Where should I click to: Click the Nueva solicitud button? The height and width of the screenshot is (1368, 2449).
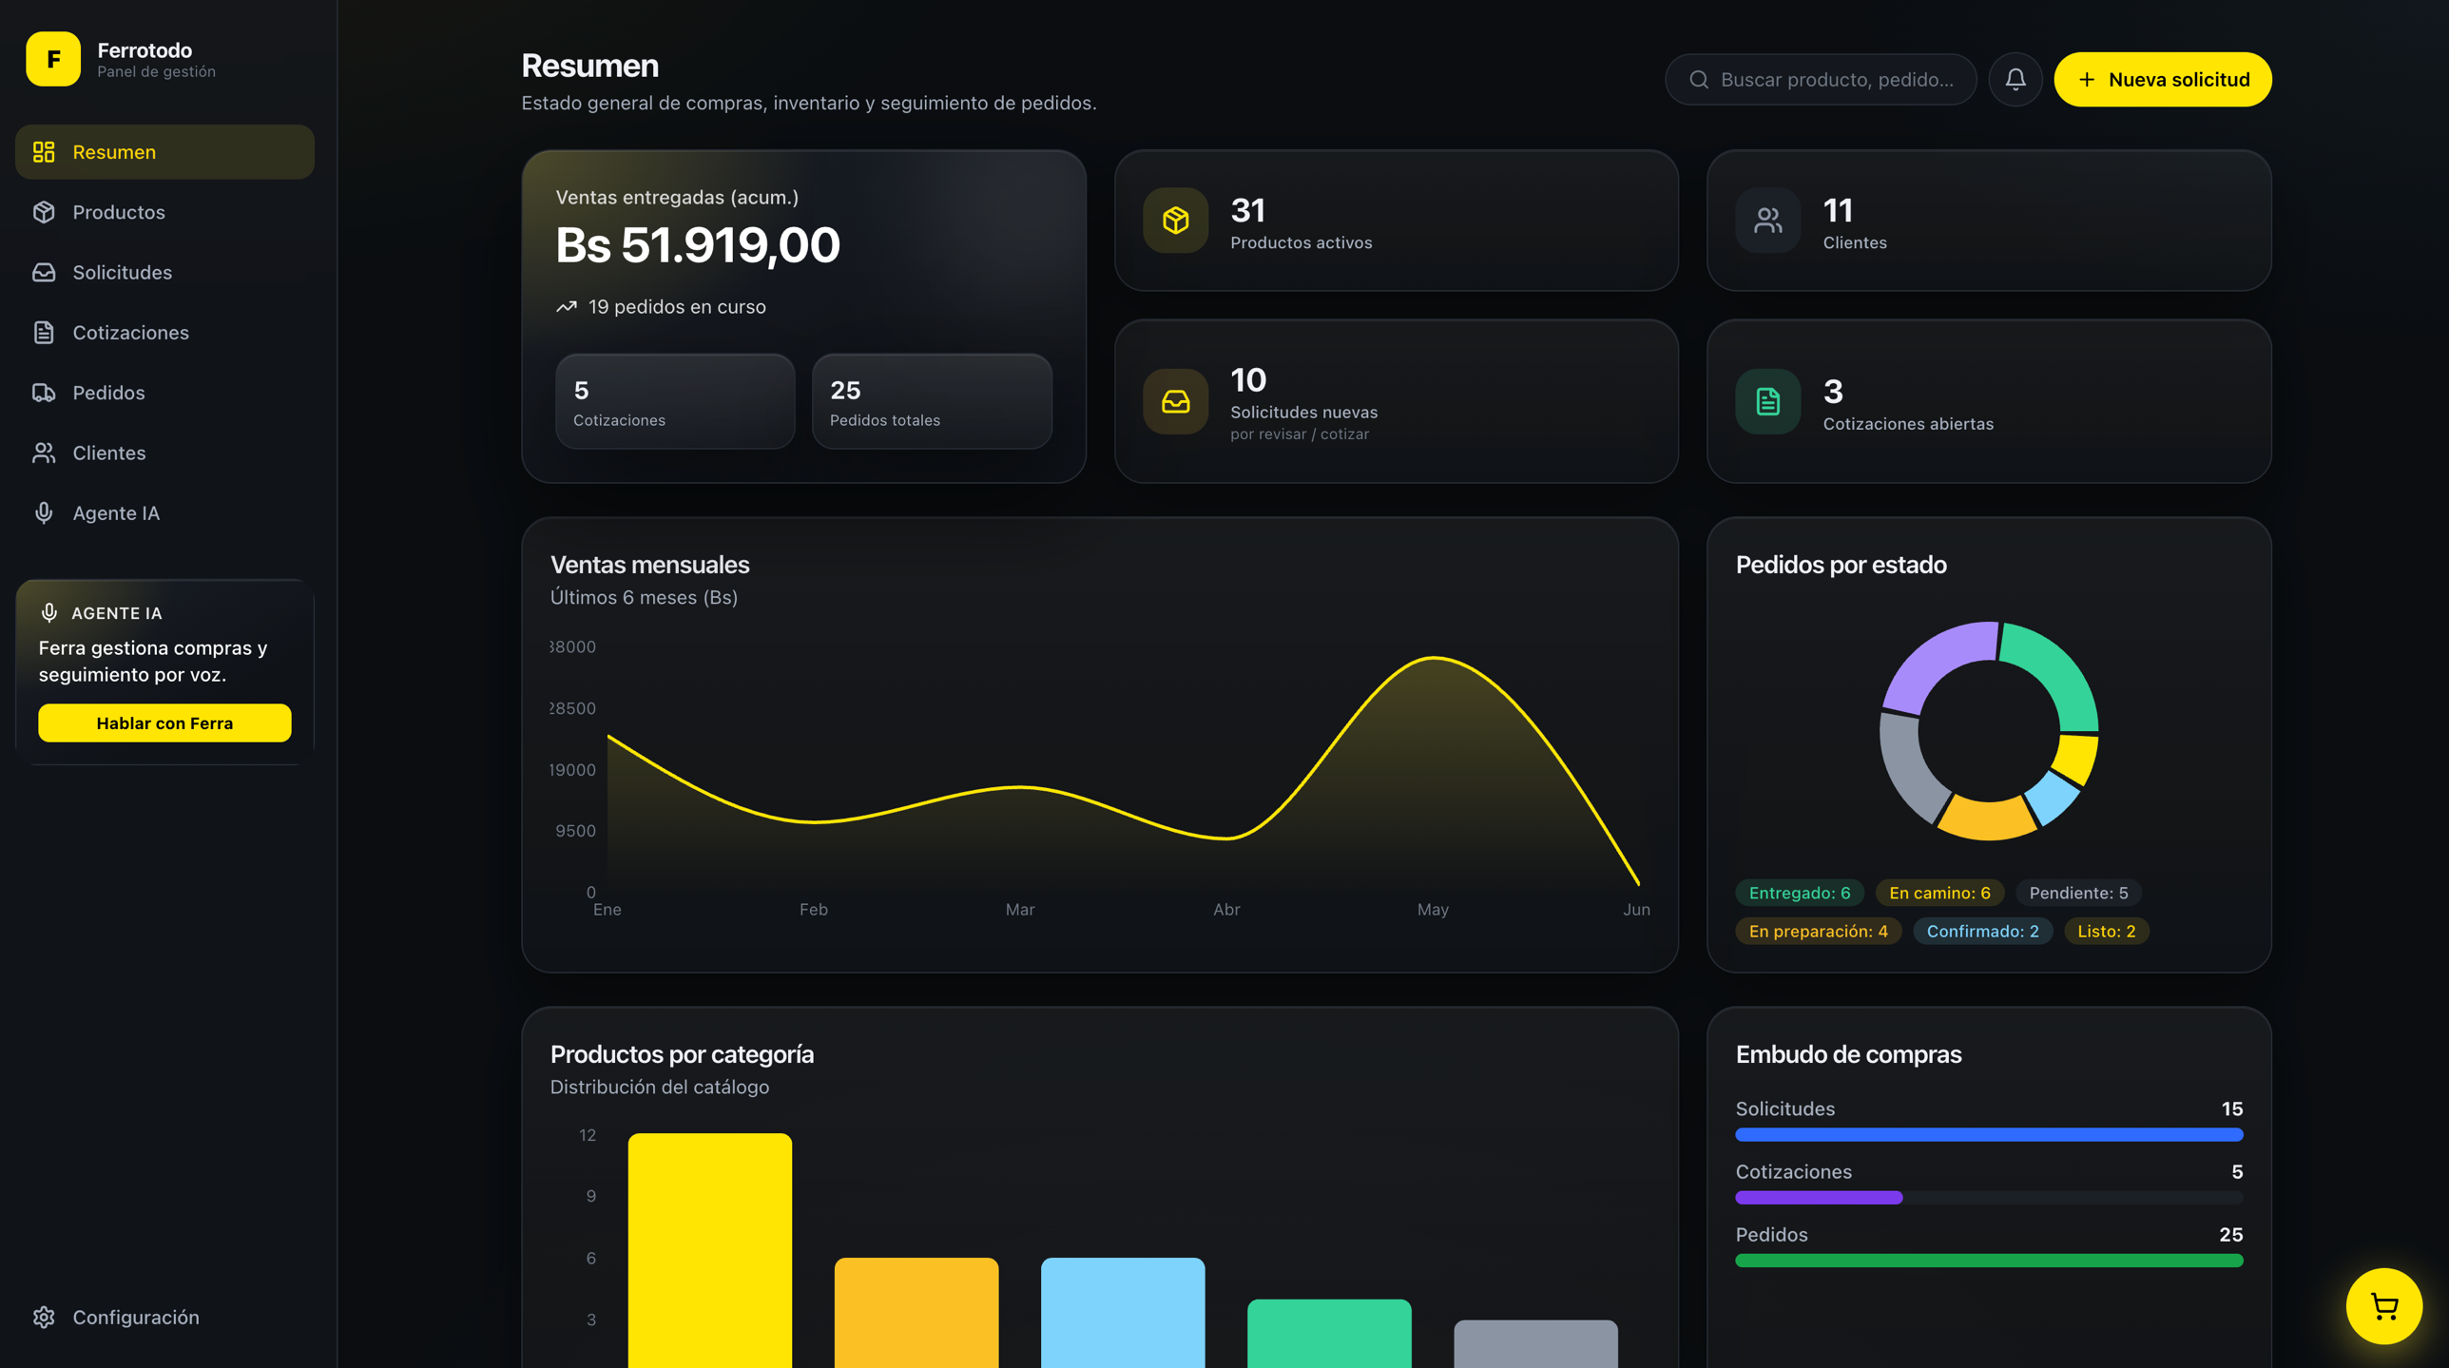coord(2162,80)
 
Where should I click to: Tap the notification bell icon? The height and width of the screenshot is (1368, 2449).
coord(2015,80)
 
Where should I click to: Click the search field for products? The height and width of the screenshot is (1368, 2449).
coord(1820,80)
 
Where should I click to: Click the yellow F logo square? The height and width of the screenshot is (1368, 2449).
coord(53,59)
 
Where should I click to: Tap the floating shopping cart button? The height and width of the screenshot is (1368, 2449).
coord(2383,1306)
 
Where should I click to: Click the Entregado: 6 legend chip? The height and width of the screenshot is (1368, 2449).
coord(1800,893)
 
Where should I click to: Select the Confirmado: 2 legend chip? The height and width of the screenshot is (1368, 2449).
coord(1982,931)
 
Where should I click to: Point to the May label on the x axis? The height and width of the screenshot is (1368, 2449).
coord(1433,910)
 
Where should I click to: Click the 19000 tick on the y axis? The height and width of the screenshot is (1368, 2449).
coord(572,770)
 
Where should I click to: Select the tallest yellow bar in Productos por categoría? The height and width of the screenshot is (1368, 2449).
coord(710,1250)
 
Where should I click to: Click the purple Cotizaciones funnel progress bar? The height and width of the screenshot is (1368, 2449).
coord(1819,1198)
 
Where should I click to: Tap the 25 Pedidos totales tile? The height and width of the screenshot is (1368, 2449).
coord(932,402)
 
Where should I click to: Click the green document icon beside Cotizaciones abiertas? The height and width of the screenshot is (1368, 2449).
coord(1767,402)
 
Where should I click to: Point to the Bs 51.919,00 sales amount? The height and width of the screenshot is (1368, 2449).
coord(698,245)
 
